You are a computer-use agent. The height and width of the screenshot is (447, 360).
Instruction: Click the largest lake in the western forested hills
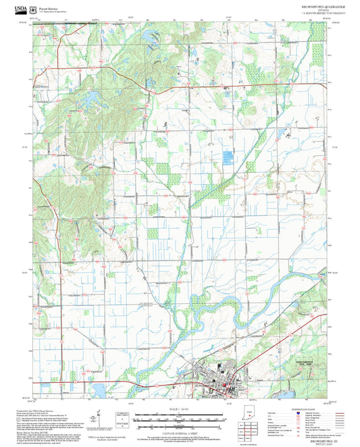(88, 102)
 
